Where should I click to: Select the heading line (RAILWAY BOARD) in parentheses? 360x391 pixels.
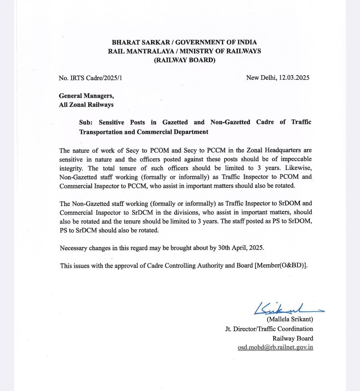click(184, 60)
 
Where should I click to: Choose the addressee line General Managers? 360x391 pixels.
click(86, 96)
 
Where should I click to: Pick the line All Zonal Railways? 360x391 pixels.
click(86, 105)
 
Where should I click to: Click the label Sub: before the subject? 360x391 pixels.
click(86, 122)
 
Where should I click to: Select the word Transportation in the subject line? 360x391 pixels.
click(101, 132)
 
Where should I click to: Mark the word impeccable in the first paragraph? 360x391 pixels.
click(296, 159)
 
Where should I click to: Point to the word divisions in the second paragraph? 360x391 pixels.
click(185, 212)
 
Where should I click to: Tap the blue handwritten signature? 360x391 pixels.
click(280, 308)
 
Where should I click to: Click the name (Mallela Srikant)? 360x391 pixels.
click(290, 319)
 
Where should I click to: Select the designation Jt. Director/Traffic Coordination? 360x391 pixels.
click(269, 329)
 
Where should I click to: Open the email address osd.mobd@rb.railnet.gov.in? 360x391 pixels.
click(275, 347)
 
